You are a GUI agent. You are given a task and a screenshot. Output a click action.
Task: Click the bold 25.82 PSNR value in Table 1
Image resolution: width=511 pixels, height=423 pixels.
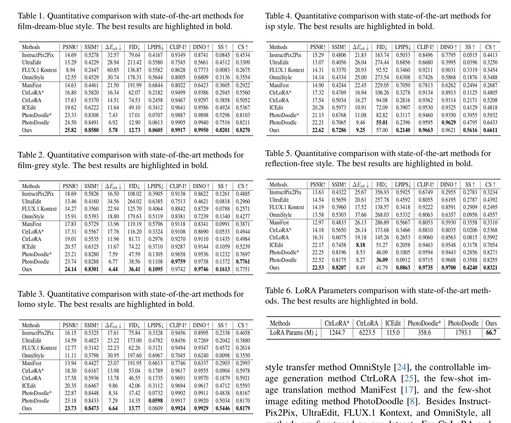pyautogui.click(x=70, y=130)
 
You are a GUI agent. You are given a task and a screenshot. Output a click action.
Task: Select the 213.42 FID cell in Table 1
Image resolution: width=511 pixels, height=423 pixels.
pyautogui.click(x=135, y=62)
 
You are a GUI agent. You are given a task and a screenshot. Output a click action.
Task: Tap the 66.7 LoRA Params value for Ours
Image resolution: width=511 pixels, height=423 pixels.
pyautogui.click(x=491, y=333)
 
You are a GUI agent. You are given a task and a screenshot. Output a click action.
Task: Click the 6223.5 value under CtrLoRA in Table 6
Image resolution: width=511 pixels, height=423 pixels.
pyautogui.click(x=367, y=333)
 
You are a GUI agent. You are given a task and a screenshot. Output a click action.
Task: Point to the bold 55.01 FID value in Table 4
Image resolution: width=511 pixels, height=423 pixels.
pyautogui.click(x=382, y=123)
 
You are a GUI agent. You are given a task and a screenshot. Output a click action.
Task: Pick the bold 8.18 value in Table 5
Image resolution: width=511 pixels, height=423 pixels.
pyautogui.click(x=360, y=245)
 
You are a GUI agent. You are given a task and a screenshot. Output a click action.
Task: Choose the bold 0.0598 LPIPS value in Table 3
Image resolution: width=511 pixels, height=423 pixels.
pyautogui.click(x=156, y=401)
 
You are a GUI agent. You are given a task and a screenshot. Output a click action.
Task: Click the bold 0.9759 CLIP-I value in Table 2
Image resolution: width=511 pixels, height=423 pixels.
pyautogui.click(x=178, y=262)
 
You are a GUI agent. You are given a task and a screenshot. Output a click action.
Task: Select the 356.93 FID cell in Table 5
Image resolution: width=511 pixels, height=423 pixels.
pyautogui.click(x=382, y=192)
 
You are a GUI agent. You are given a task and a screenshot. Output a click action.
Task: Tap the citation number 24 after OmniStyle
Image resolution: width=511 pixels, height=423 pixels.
pyautogui.click(x=401, y=367)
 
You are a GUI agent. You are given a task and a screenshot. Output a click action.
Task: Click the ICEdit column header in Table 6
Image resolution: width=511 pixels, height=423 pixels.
pyautogui.click(x=393, y=323)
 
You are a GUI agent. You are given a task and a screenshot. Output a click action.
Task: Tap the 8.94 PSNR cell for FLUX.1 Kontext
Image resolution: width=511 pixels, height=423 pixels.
pyautogui.click(x=70, y=70)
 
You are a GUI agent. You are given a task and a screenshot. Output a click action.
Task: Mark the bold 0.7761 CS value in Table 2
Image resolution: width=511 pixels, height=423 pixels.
pyautogui.click(x=243, y=262)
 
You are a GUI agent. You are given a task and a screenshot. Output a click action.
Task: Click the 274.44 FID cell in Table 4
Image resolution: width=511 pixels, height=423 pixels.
pyautogui.click(x=382, y=62)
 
